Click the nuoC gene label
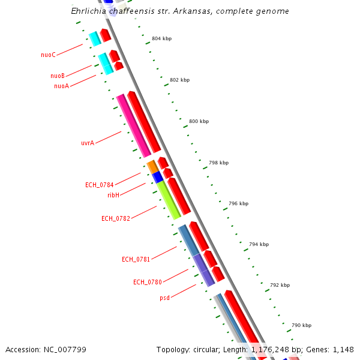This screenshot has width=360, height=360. (x=48, y=55)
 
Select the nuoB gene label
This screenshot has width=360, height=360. (x=58, y=76)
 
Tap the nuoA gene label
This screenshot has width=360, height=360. (x=61, y=86)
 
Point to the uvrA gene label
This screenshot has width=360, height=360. (x=88, y=143)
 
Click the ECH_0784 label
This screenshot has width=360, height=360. (x=100, y=185)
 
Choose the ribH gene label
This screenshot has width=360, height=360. (x=113, y=195)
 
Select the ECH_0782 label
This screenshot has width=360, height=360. (x=116, y=218)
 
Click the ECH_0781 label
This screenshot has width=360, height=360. (x=136, y=259)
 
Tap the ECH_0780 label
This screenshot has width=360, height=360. (x=148, y=282)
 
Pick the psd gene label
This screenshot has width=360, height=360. (x=165, y=298)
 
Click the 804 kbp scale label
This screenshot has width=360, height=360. (x=161, y=38)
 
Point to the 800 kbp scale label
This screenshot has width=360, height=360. (x=199, y=122)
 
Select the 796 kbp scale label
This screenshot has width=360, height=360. (x=238, y=204)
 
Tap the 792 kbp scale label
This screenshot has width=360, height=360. (x=280, y=286)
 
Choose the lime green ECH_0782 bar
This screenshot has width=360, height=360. (x=169, y=200)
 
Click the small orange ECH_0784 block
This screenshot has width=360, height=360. (x=152, y=166)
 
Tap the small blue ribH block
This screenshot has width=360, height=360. (x=158, y=177)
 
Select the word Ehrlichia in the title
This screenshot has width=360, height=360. (x=89, y=11)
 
